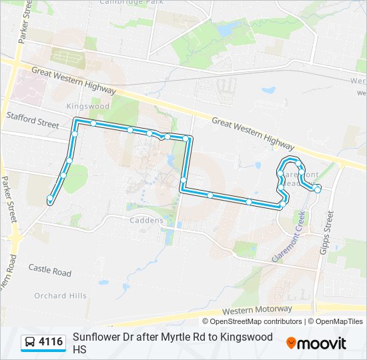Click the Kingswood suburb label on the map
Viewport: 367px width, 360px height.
point(87,106)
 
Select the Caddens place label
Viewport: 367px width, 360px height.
point(146,221)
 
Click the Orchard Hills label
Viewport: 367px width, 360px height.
point(60,296)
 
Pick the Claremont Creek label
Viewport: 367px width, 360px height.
point(288,236)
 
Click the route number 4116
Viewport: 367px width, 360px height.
point(51,343)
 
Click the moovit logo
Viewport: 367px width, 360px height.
point(317,343)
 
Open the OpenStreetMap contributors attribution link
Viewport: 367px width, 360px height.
point(256,321)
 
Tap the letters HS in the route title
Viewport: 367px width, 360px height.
point(80,349)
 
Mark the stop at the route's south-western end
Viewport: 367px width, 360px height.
point(49,199)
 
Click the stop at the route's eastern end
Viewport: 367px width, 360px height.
point(318,189)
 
